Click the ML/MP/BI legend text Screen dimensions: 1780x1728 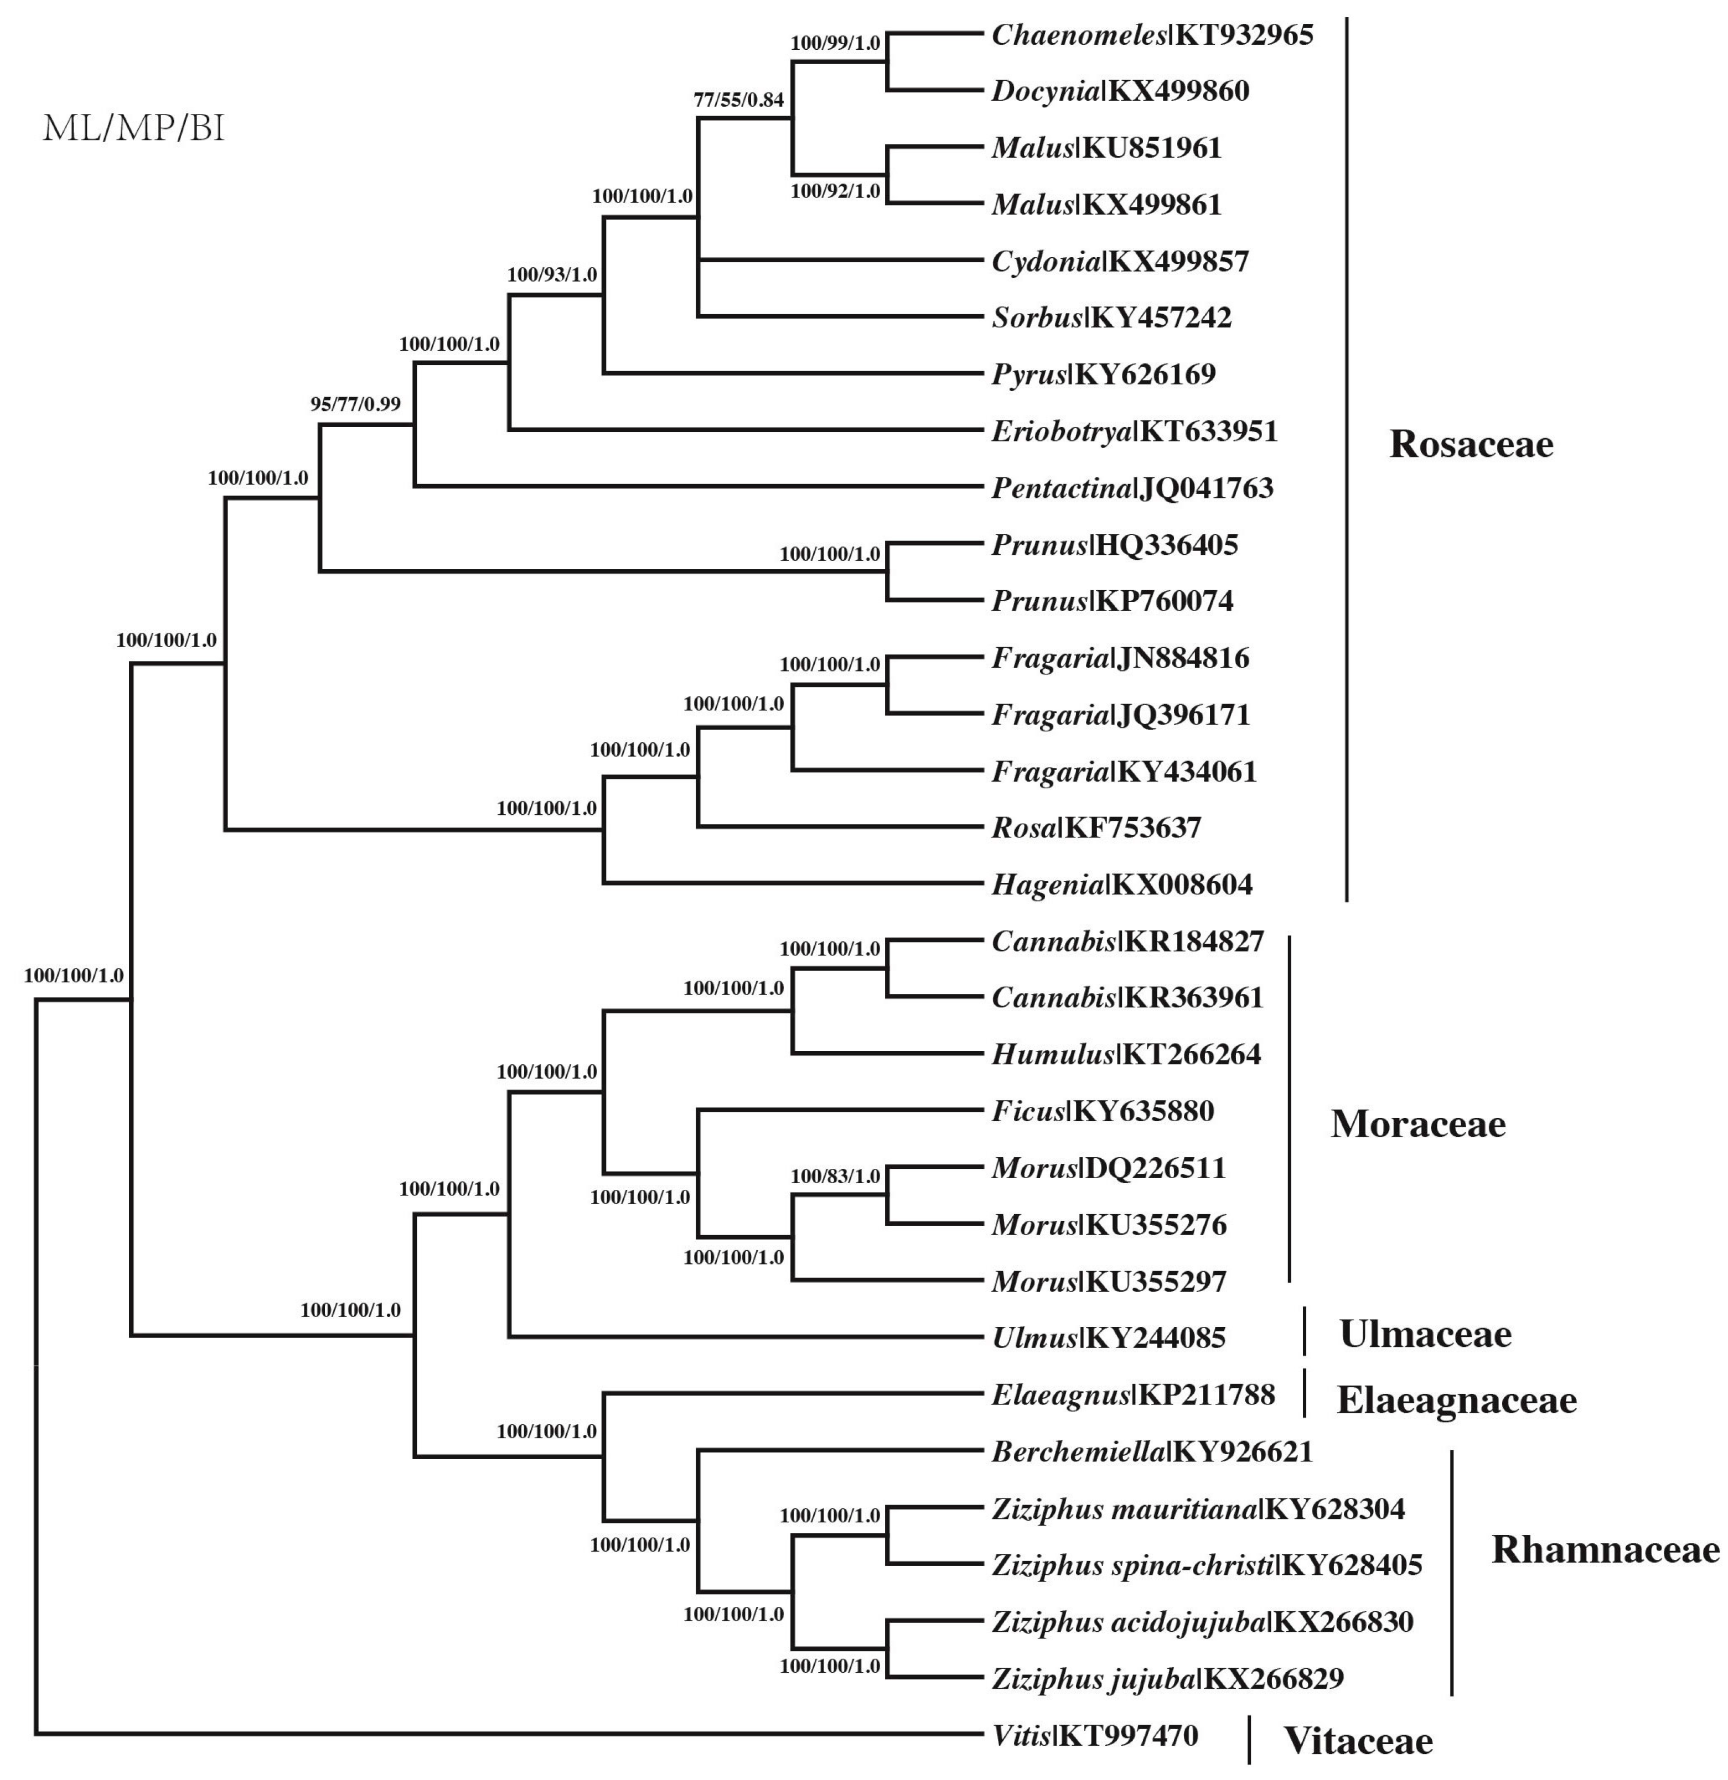133,129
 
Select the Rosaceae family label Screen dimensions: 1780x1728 1471,444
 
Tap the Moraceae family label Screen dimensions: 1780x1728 1417,1125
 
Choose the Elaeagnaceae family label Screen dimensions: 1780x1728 1456,1399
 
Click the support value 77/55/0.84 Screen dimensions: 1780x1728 738,100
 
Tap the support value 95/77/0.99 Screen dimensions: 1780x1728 355,404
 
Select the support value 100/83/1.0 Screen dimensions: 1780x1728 835,1176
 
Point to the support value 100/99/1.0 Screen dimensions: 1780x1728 835,43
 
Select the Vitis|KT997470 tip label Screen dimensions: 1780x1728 1095,1736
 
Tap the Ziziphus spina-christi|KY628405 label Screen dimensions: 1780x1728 1207,1565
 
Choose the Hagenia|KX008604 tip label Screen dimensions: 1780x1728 1121,884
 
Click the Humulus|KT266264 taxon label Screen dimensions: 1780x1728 1126,1054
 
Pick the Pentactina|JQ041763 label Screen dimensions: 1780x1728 1132,488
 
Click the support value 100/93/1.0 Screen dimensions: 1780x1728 551,274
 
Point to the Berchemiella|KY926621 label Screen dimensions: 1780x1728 1152,1451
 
